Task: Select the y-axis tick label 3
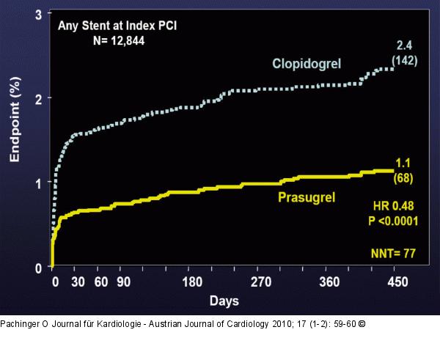(x=39, y=14)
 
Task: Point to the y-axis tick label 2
(x=39, y=98)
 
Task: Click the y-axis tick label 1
(x=39, y=183)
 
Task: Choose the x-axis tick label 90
(x=122, y=282)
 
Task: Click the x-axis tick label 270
(x=262, y=282)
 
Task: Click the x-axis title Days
(x=224, y=301)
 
